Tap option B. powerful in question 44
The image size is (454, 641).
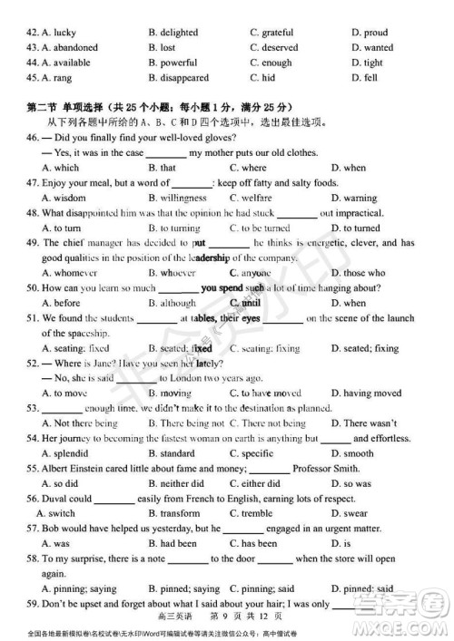pyautogui.click(x=173, y=63)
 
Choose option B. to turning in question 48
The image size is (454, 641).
pyautogui.click(x=174, y=228)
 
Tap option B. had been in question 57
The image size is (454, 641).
pyautogui.click(x=172, y=544)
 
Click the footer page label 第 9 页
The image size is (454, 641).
pyautogui.click(x=227, y=617)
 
